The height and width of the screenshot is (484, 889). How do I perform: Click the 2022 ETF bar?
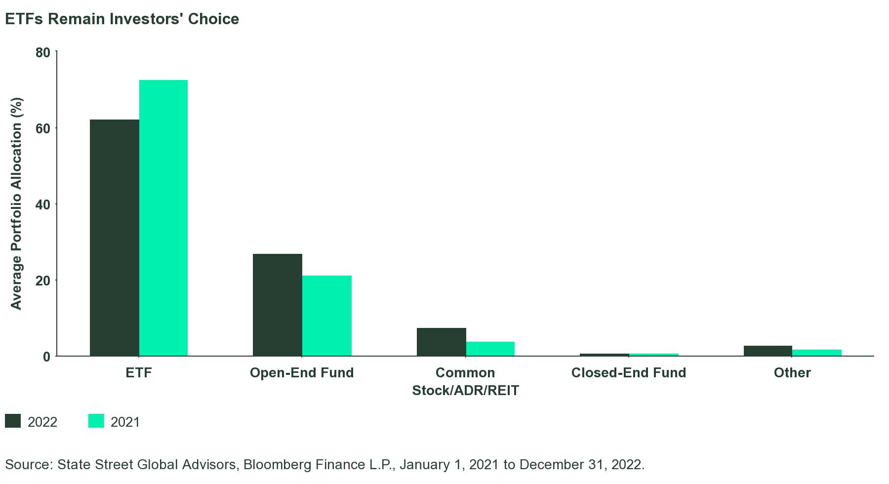(114, 237)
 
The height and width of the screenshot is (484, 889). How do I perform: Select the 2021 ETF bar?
(163, 217)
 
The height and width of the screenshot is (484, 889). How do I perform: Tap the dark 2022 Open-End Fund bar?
(277, 305)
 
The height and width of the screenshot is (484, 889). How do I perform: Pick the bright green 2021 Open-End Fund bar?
(326, 316)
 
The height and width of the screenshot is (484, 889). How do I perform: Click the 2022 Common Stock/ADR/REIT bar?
(441, 342)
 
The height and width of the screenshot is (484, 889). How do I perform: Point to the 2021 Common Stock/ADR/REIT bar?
(490, 349)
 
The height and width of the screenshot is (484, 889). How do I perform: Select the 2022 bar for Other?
(768, 351)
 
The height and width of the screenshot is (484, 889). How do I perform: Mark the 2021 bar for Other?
(816, 353)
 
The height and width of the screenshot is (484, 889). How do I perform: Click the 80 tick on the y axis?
(43, 52)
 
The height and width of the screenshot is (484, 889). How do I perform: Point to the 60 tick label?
(43, 128)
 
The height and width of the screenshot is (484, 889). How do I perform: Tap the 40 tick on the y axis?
(43, 204)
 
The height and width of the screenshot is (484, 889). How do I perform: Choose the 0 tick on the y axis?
(46, 357)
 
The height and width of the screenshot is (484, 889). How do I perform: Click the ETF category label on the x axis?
(139, 372)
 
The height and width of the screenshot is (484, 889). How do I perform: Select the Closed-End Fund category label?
(628, 372)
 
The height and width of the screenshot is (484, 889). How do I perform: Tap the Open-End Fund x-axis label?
(302, 372)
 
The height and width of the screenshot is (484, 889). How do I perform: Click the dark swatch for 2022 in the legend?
(13, 421)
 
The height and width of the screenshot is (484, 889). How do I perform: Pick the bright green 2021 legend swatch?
(96, 421)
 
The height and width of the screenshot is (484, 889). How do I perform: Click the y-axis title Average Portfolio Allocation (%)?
(16, 204)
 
